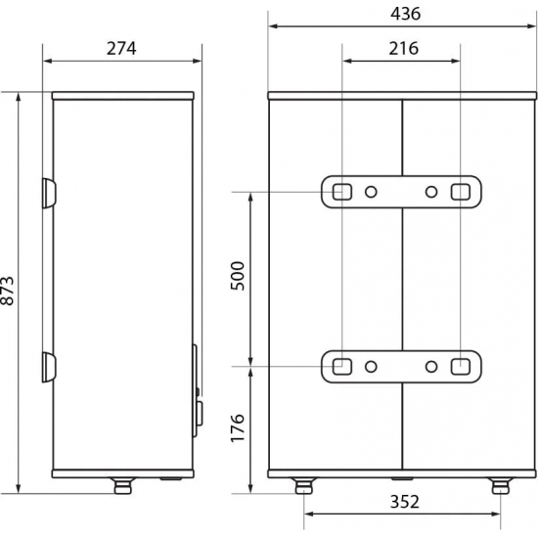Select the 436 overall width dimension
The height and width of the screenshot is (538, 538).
click(x=403, y=14)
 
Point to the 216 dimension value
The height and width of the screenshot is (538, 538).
click(x=401, y=48)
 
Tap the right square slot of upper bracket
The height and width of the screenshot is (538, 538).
click(x=460, y=191)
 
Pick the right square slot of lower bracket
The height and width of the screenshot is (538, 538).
click(x=460, y=367)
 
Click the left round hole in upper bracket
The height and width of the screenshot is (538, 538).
click(x=372, y=192)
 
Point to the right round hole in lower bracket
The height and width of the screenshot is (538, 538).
click(x=431, y=368)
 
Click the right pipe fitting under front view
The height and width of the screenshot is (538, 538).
click(x=501, y=483)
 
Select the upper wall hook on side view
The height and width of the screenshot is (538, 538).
click(x=49, y=193)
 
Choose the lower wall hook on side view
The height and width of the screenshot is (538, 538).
click(x=49, y=368)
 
